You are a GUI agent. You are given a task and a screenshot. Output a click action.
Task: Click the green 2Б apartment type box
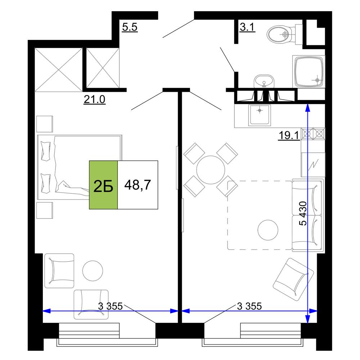[x=103, y=185]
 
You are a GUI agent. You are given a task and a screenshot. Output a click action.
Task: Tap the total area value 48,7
[x=138, y=185]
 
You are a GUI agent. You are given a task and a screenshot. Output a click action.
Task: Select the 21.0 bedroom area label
[x=94, y=100]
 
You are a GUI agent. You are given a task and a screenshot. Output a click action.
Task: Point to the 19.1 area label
[x=289, y=135]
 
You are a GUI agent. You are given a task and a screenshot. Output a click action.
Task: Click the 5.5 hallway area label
[x=130, y=27]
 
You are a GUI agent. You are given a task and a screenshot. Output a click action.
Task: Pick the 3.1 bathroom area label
[x=247, y=27]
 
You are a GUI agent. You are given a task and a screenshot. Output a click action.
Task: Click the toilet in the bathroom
[x=285, y=35]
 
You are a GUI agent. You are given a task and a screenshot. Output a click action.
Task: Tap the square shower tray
[x=309, y=71]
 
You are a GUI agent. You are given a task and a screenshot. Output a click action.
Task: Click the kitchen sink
[x=260, y=115]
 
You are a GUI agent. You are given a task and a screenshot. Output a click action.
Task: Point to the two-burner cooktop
[x=313, y=134]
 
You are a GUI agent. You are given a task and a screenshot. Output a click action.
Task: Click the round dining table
[x=211, y=170]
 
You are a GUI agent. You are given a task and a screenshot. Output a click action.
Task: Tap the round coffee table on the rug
[x=268, y=230]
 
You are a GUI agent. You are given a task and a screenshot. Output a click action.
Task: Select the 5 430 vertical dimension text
[x=303, y=213]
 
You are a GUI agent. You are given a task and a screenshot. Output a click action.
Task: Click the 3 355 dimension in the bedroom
[x=110, y=306]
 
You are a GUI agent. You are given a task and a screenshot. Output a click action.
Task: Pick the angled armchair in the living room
[x=293, y=279]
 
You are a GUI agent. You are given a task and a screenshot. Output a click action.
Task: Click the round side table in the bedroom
[x=93, y=271]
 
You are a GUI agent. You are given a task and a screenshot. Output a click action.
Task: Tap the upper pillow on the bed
[x=45, y=151]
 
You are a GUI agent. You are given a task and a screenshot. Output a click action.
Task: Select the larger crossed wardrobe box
[x=59, y=70]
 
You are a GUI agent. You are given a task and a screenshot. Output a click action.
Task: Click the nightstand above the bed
[x=45, y=124]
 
